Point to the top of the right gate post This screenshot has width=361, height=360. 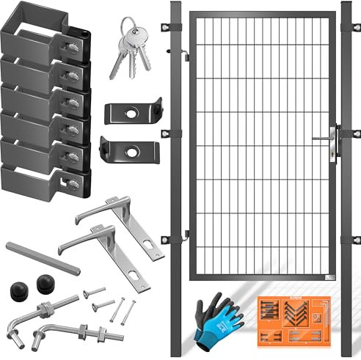tap(347, 5)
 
